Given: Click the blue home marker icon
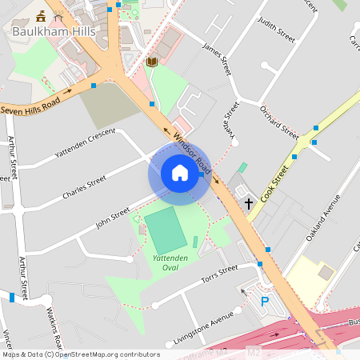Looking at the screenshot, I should click(x=180, y=172).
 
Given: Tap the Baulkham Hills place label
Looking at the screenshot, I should click(x=54, y=32).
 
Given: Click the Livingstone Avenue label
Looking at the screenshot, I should click(x=206, y=330).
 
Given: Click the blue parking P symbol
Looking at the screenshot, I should click(x=265, y=302).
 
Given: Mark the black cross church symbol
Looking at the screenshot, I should click(x=249, y=204).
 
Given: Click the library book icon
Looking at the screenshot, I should click(x=152, y=62).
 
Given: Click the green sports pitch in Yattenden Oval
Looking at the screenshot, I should click(x=166, y=230).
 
